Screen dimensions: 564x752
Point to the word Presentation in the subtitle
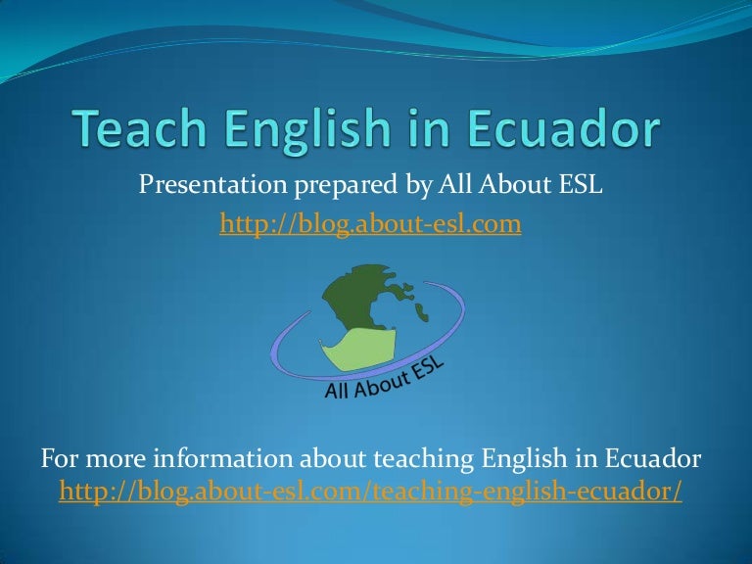point(202,184)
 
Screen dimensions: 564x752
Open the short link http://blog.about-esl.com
point(370,225)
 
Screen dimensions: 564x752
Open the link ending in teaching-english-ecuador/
point(370,492)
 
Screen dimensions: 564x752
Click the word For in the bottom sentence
point(60,458)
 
